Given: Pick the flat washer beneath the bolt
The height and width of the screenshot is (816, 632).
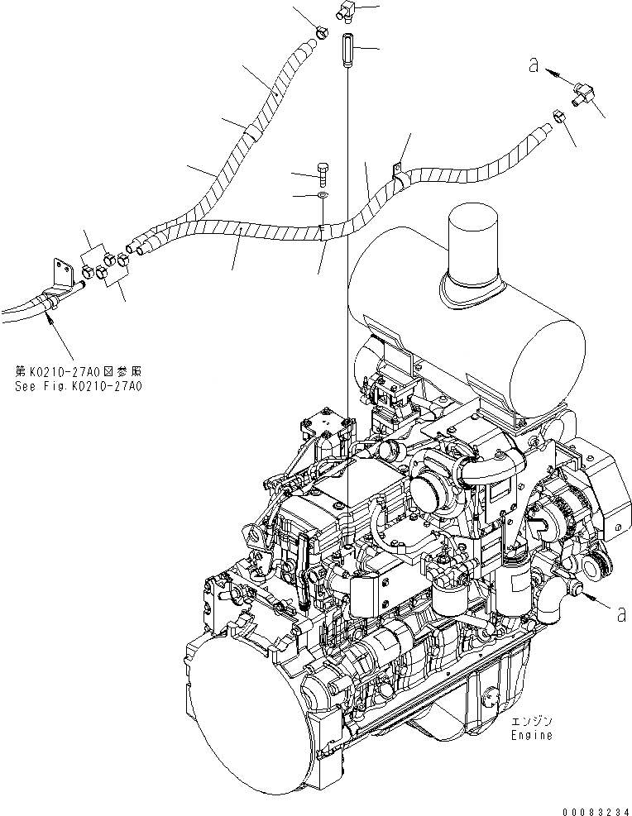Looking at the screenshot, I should pyautogui.click(x=321, y=196).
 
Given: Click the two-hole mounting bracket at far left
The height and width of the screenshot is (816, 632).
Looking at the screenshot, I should pyautogui.click(x=60, y=272).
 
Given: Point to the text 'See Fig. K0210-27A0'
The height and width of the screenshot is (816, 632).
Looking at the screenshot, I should pyautogui.click(x=78, y=385).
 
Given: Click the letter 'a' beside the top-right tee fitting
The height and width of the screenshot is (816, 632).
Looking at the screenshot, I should pyautogui.click(x=534, y=65).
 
